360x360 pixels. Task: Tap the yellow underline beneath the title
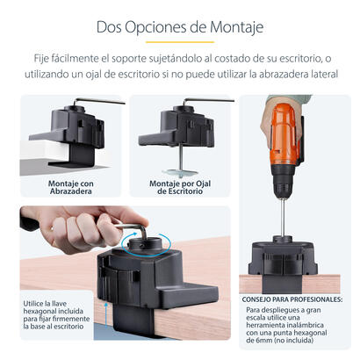(179, 42)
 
